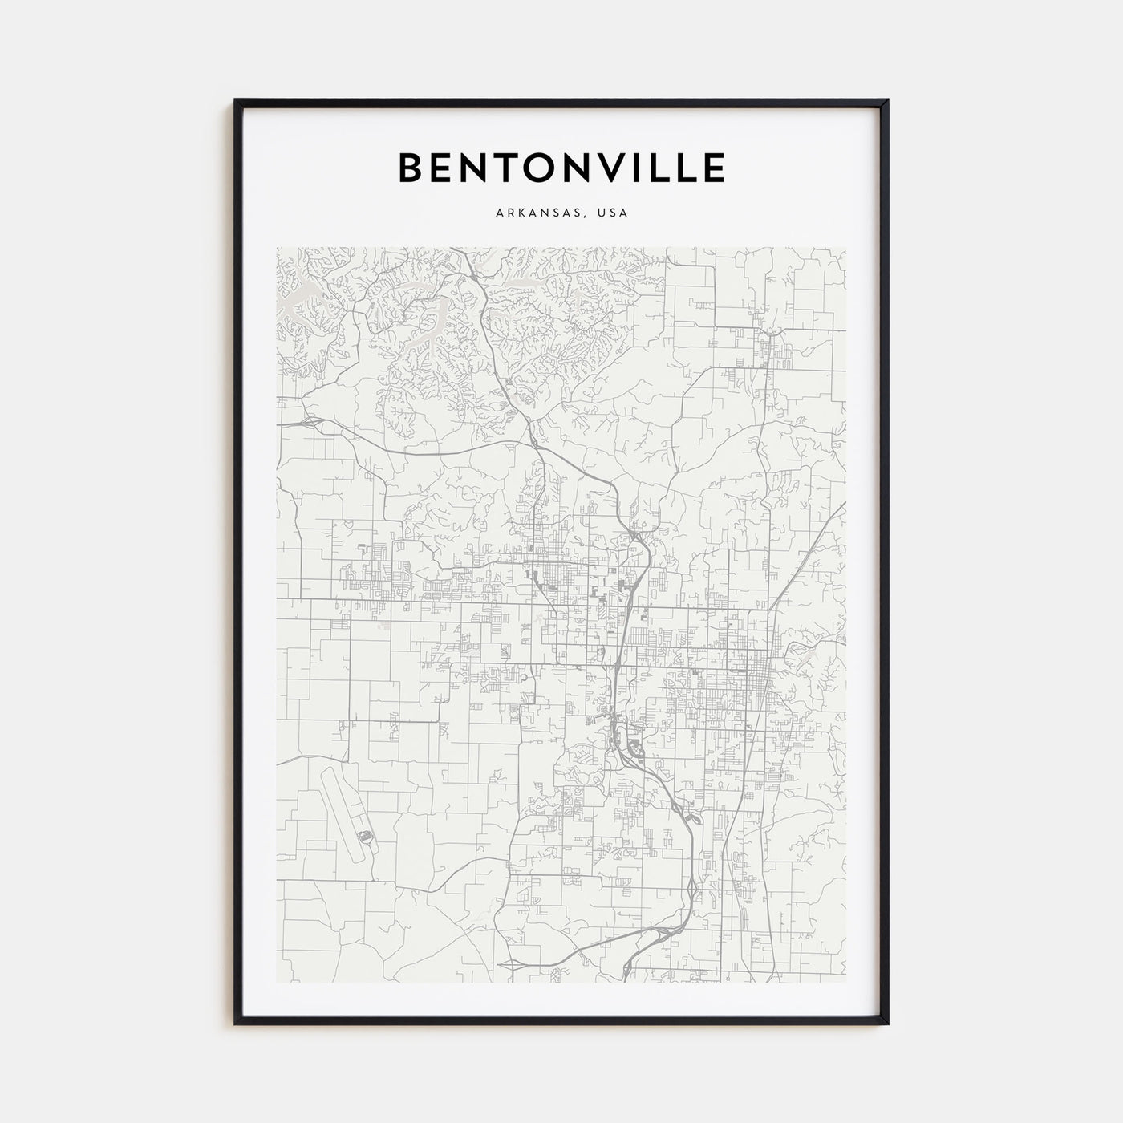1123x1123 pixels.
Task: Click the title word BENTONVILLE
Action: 561,168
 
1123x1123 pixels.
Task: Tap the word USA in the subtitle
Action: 614,213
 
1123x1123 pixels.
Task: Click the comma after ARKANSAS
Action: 588,217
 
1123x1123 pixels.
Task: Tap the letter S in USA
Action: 614,213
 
